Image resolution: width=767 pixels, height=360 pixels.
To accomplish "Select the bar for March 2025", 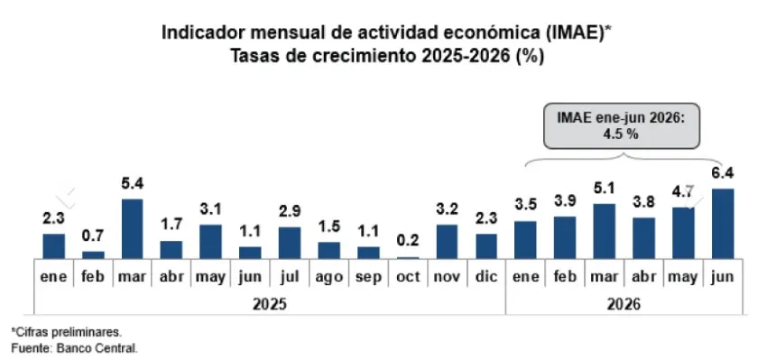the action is pyautogui.click(x=132, y=228).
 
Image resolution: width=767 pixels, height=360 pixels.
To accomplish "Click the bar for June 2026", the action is pyautogui.click(x=723, y=224).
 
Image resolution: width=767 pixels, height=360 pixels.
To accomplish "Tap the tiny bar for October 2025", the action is pyautogui.click(x=408, y=257).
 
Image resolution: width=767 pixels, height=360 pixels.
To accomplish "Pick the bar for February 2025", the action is pyautogui.click(x=93, y=254).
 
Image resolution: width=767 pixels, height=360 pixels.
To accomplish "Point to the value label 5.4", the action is pyautogui.click(x=132, y=184).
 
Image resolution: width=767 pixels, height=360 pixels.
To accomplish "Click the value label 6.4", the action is pyautogui.click(x=723, y=173).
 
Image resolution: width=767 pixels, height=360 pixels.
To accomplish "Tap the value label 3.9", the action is pyautogui.click(x=565, y=200).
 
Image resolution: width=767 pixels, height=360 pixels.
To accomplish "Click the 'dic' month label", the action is pyautogui.click(x=486, y=276).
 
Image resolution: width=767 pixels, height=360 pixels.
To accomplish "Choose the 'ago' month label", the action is pyautogui.click(x=328, y=277).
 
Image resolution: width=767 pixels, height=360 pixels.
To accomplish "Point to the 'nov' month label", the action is pyautogui.click(x=447, y=277).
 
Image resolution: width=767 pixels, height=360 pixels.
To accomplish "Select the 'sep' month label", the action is pyautogui.click(x=368, y=277).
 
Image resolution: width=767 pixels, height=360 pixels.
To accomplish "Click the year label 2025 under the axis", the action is pyautogui.click(x=270, y=304).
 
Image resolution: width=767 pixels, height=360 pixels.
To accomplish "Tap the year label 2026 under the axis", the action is pyautogui.click(x=624, y=304).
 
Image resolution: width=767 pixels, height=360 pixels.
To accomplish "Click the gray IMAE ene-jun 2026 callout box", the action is pyautogui.click(x=623, y=125).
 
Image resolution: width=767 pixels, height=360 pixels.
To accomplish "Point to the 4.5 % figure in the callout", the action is pyautogui.click(x=622, y=134).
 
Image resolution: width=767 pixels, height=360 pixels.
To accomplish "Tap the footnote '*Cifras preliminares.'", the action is pyautogui.click(x=66, y=332).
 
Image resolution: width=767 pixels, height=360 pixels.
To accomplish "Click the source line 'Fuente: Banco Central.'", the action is pyautogui.click(x=74, y=349).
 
